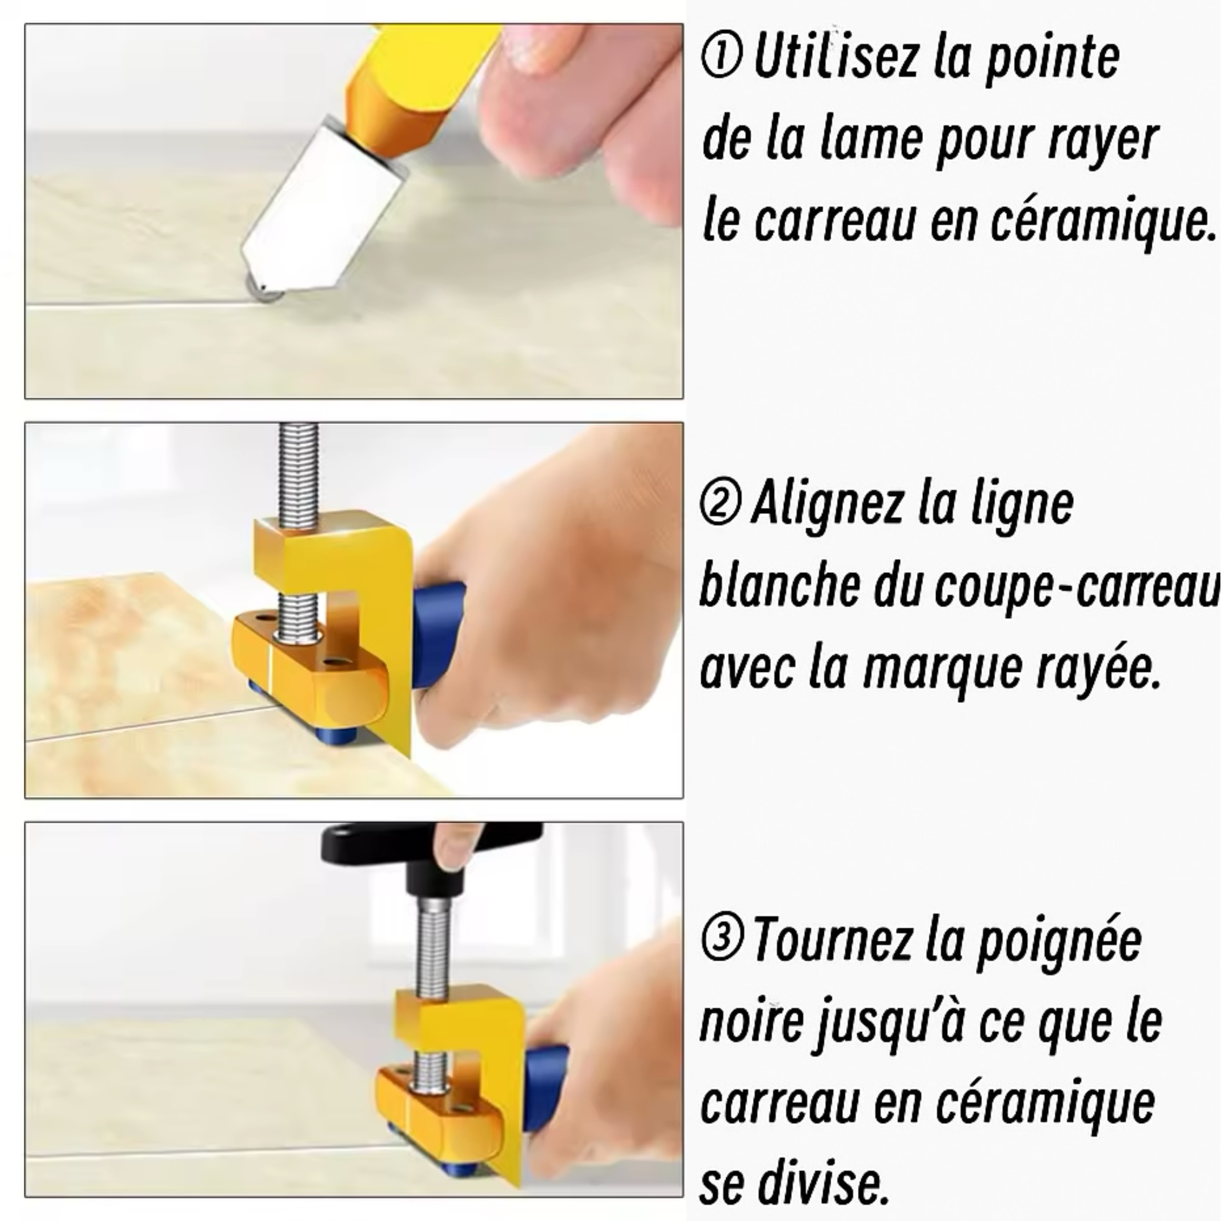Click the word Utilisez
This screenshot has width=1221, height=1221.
(x=835, y=58)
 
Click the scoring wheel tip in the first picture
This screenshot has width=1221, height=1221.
(x=263, y=289)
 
